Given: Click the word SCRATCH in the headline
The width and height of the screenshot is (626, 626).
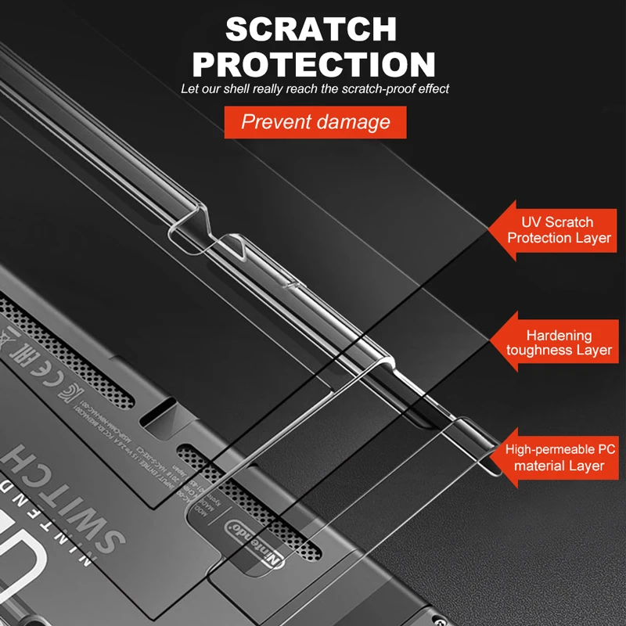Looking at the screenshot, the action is [311, 29].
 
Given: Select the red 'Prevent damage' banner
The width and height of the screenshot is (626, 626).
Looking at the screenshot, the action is [315, 122].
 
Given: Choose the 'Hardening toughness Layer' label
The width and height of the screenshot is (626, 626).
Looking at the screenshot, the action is [558, 343].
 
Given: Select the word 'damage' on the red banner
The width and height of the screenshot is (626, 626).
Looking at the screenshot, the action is [359, 122].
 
